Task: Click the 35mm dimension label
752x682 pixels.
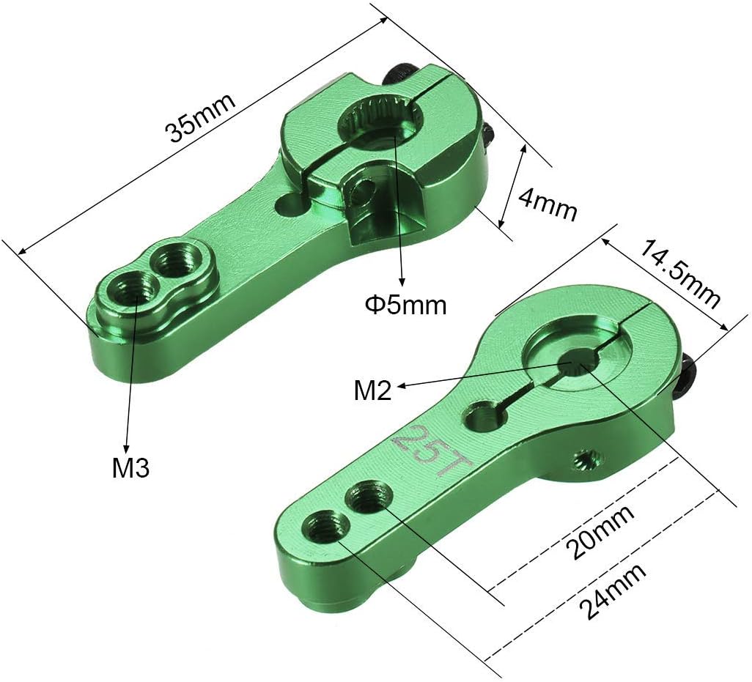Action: [201, 117]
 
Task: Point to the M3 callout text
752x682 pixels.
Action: [131, 467]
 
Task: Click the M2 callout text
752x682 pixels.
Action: [372, 390]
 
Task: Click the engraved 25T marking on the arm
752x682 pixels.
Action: [432, 449]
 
